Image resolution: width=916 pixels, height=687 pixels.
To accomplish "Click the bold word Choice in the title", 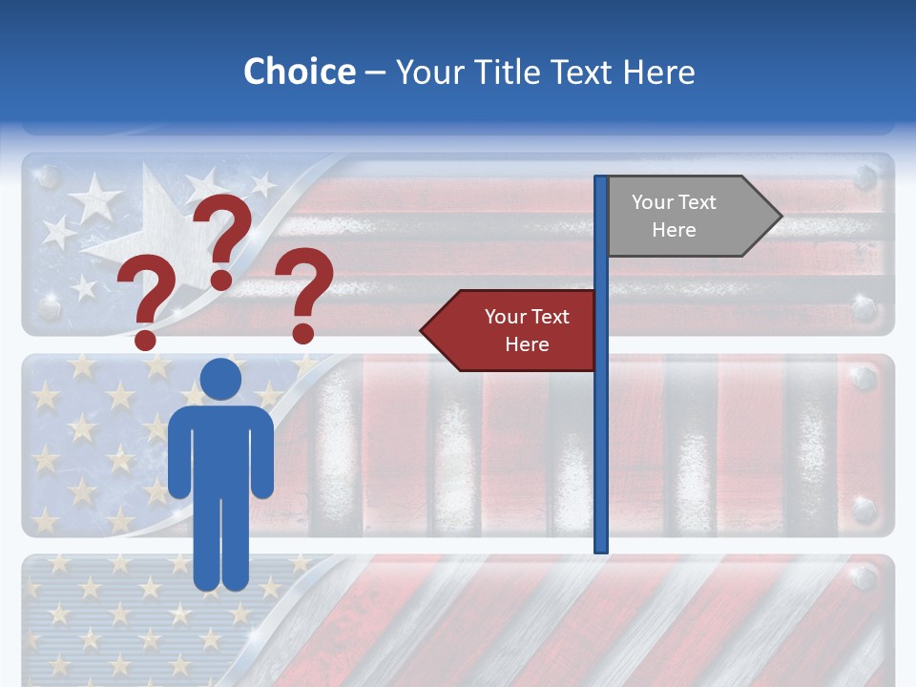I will (x=299, y=72).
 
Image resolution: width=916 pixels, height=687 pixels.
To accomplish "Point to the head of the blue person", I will (x=221, y=380).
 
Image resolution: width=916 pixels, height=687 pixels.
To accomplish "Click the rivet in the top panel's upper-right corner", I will (x=864, y=177).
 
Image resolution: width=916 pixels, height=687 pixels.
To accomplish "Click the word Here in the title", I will (x=658, y=72).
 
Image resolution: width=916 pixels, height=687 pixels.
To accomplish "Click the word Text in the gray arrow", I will (x=697, y=202).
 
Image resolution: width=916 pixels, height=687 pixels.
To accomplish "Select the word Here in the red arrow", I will (x=527, y=344).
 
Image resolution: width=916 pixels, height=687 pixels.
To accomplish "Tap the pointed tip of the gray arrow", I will (x=780, y=217).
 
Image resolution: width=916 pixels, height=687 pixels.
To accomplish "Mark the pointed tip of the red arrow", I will (x=423, y=330).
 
